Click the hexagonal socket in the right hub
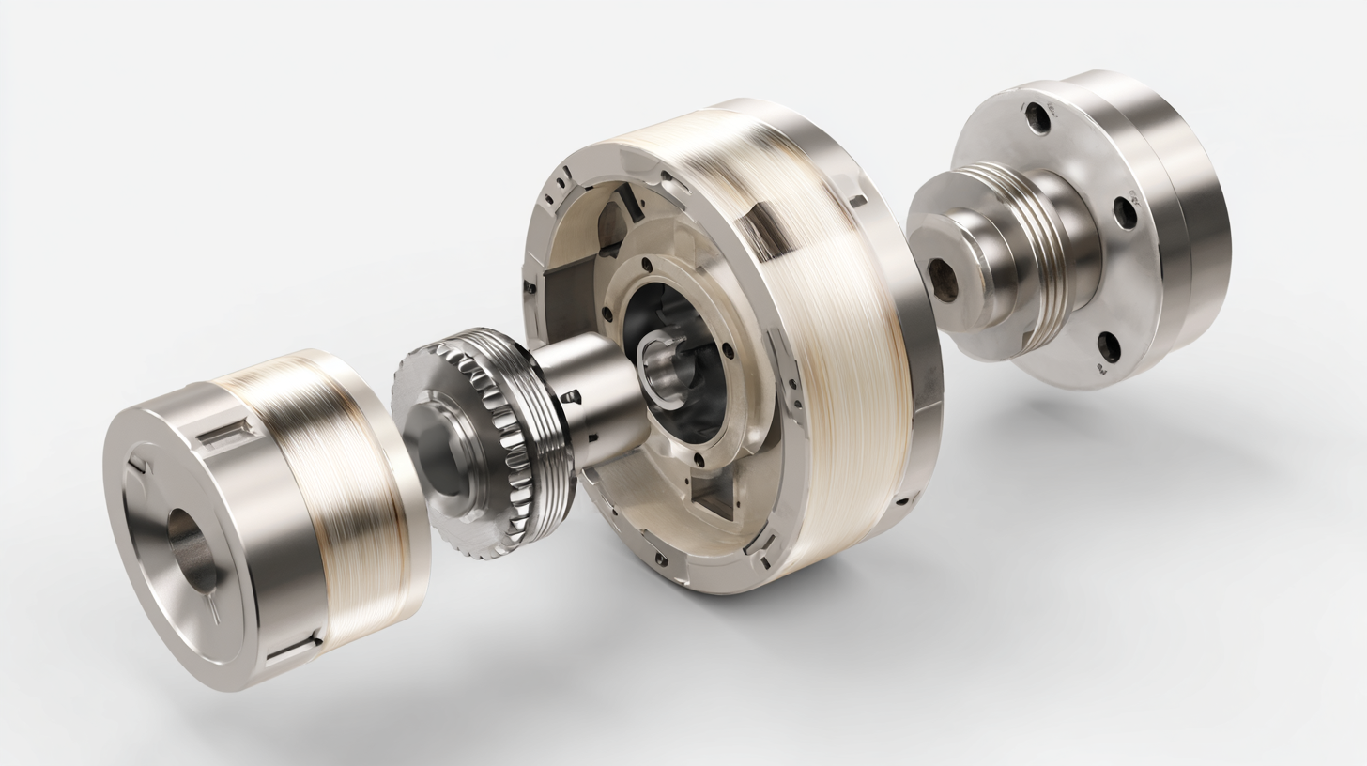coord(943,280)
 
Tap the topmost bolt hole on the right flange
coord(1037,118)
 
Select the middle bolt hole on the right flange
coord(1125,213)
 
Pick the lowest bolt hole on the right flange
coord(1109,346)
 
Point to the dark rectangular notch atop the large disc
coord(762,230)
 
